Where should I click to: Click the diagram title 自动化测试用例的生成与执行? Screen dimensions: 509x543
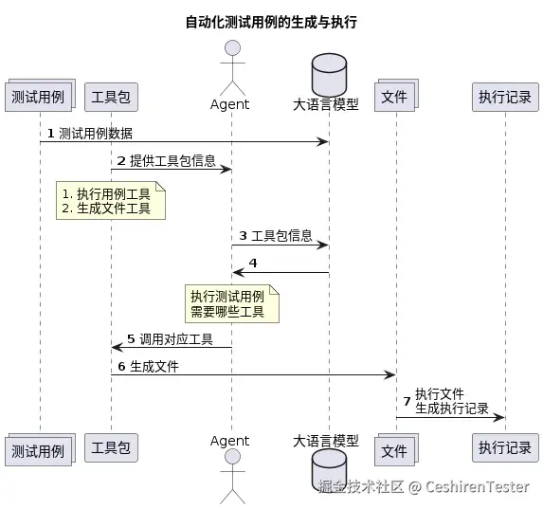tap(270, 22)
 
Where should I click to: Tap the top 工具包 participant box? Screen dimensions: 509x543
tap(111, 97)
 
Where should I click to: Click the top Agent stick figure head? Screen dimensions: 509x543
tap(232, 49)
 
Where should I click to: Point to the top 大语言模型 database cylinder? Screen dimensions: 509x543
tap(329, 72)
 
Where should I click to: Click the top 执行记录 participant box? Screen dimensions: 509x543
tap(504, 97)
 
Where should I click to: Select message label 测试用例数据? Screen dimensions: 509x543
tap(96, 133)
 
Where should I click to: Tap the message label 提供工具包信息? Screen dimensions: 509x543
tap(172, 160)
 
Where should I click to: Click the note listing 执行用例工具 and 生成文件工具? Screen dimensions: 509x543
tap(111, 201)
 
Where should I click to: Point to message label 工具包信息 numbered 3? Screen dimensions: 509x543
tap(281, 235)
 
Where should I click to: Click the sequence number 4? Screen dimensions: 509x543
tap(253, 263)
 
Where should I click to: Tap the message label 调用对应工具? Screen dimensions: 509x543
tap(176, 338)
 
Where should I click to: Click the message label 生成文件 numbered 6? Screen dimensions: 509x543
tap(154, 366)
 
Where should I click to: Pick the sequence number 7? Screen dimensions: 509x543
tap(407, 401)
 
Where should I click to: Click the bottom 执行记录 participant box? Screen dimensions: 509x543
tap(504, 447)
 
